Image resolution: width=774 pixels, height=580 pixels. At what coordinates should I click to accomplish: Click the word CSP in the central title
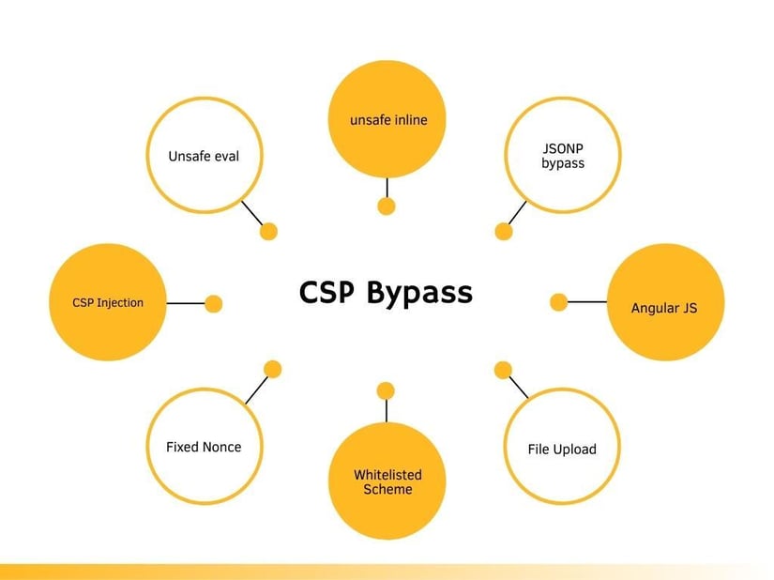pos(326,292)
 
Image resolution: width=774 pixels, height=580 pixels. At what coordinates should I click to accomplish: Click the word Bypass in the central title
pos(419,294)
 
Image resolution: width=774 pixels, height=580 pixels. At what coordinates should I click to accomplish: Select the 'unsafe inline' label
pos(388,120)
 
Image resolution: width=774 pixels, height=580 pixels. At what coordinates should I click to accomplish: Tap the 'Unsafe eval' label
pos(204,156)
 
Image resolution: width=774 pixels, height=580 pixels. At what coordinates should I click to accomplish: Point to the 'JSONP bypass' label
pos(563,156)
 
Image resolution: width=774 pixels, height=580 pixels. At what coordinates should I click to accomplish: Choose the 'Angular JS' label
pos(664,309)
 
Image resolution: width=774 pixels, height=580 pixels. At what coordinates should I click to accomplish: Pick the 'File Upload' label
pos(562,450)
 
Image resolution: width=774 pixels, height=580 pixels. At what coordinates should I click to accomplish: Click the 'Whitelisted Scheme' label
pos(387,481)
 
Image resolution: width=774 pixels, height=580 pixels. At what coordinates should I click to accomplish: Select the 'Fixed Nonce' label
pos(204,447)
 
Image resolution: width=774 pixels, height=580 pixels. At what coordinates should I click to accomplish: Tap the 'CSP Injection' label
pos(108,302)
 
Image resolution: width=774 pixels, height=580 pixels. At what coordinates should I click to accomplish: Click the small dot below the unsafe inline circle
pos(387,206)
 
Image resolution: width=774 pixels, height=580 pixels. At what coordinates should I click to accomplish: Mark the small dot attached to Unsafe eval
pos(268,231)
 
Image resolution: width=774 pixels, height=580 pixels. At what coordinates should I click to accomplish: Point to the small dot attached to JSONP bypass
pos(504,231)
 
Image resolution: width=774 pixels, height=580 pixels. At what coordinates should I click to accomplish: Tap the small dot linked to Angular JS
pos(559,302)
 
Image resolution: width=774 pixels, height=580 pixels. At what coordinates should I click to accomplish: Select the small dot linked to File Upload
pos(503,370)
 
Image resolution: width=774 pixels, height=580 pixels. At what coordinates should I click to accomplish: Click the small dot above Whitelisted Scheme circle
pos(386,391)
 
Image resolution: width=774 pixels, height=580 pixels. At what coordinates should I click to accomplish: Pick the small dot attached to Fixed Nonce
pos(272,369)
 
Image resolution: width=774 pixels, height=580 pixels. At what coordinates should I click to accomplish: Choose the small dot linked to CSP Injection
pos(213,303)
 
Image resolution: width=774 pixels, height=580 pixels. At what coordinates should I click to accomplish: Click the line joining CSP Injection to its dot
pos(186,303)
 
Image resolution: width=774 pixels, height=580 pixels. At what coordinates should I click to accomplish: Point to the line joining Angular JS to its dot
pos(587,301)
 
